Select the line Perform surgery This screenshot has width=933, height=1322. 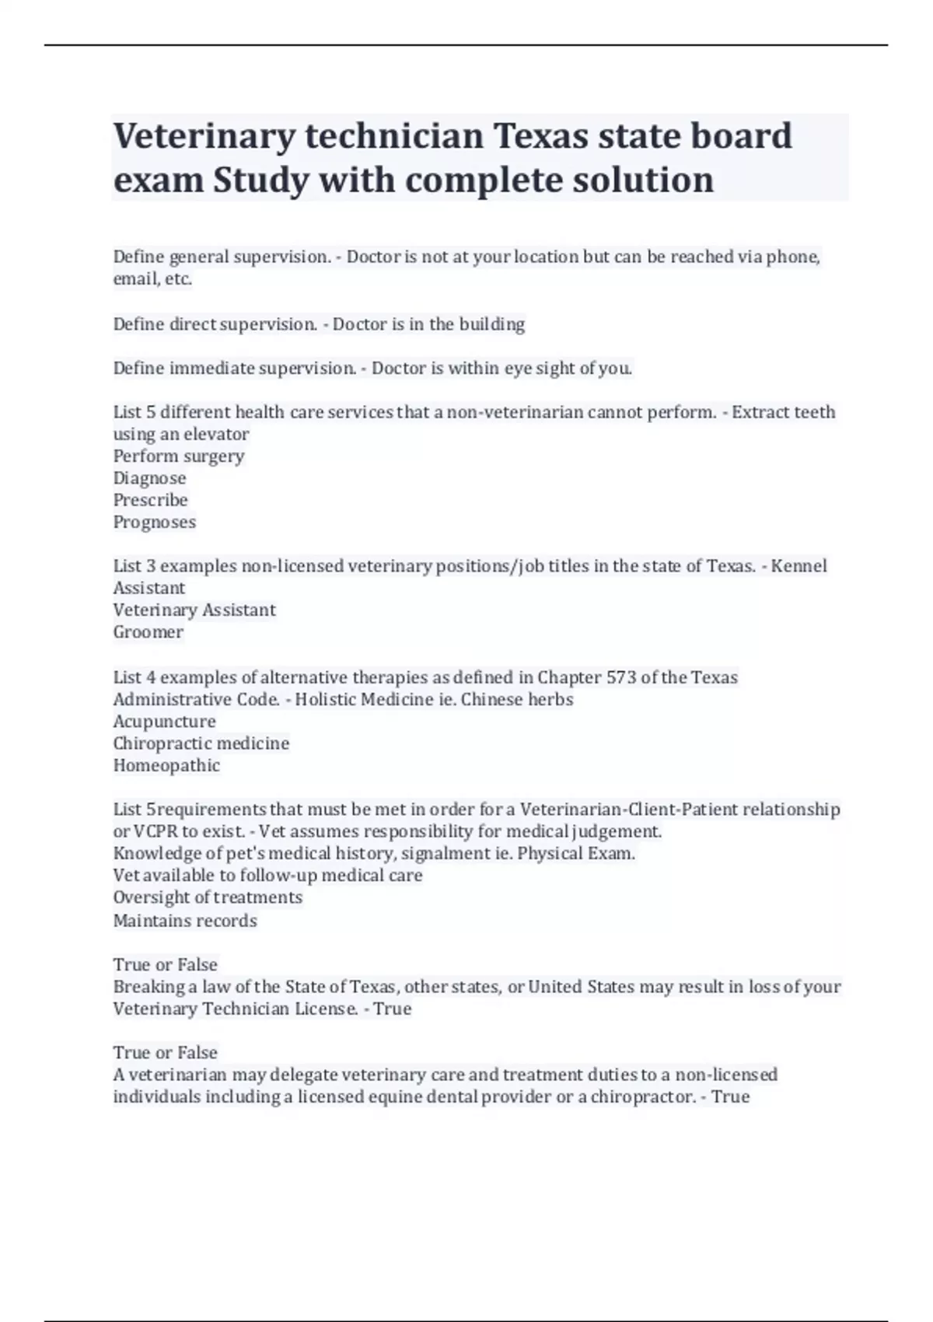point(179,456)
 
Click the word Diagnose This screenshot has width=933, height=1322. point(150,478)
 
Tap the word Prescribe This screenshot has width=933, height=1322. point(151,500)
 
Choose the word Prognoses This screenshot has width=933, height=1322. point(155,522)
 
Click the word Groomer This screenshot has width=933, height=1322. point(149,632)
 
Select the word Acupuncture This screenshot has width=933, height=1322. point(165,722)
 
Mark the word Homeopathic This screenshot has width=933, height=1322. point(167,766)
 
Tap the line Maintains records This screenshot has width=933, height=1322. point(185,921)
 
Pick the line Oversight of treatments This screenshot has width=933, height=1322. point(208,897)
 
